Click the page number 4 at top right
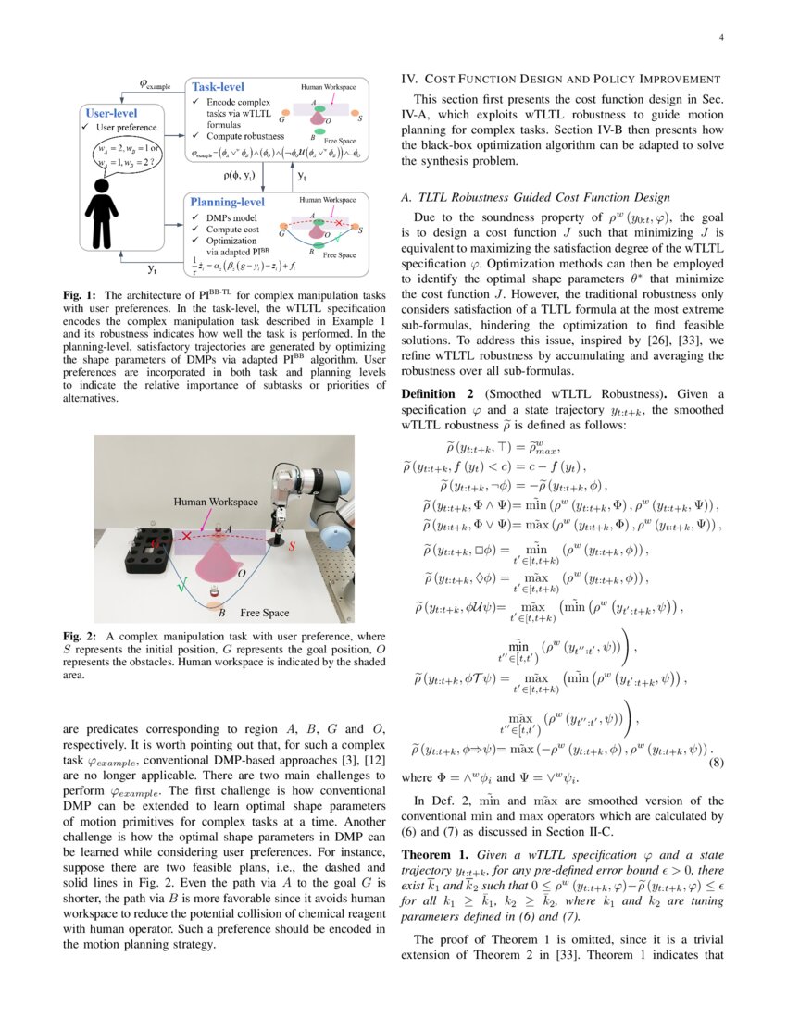[719, 38]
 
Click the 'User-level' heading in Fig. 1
[111, 112]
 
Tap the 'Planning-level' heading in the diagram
[227, 202]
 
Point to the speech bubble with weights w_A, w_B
[130, 155]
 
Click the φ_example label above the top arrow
[154, 83]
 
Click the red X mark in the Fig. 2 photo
[187, 537]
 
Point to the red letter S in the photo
[294, 547]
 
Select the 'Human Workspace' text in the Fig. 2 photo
[216, 501]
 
